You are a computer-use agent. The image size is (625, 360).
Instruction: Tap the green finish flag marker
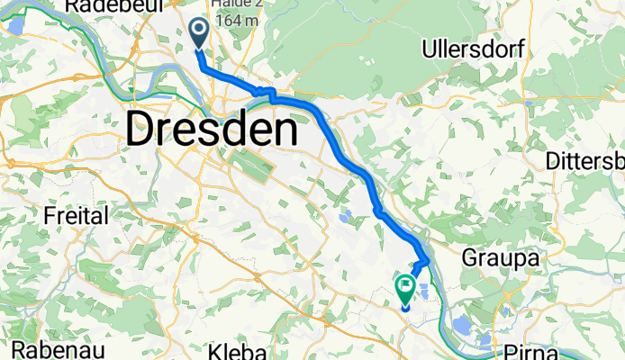click(x=404, y=290)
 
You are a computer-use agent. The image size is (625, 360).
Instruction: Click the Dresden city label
click(x=212, y=130)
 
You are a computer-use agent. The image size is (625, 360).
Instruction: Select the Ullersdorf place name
click(x=478, y=49)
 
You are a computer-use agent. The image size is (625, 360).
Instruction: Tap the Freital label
click(x=76, y=216)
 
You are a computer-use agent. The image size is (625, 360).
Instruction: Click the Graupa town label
click(x=500, y=257)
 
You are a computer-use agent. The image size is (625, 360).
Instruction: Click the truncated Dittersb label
click(x=585, y=161)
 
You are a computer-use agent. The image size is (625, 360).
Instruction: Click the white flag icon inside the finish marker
click(x=405, y=287)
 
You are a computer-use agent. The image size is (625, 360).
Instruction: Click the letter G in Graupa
click(x=470, y=257)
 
